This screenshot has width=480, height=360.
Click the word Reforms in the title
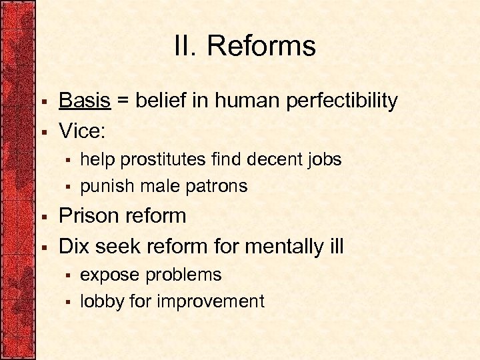261,47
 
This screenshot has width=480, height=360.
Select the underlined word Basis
85,101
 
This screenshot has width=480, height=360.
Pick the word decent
273,159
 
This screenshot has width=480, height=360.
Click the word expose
110,275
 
